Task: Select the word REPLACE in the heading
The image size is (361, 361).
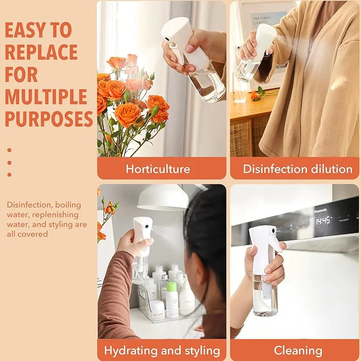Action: click(41, 53)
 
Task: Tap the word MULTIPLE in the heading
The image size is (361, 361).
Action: click(46, 97)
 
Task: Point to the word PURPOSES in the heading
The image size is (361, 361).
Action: click(49, 120)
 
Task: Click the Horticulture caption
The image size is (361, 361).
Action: click(158, 170)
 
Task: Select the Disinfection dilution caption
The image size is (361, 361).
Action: click(298, 170)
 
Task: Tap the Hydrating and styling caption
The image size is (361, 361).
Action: click(162, 350)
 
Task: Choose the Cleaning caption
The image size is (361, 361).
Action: click(298, 350)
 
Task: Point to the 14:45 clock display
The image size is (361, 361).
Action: click(323, 220)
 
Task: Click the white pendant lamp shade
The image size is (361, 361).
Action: click(163, 198)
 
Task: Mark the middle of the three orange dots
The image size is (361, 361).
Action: click(9, 162)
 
